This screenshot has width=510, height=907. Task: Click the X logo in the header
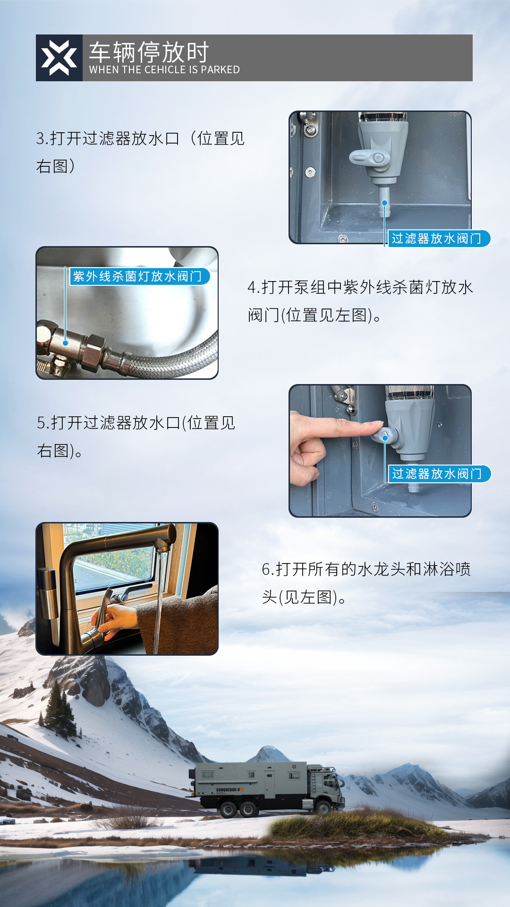(59, 58)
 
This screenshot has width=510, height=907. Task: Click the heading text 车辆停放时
(149, 51)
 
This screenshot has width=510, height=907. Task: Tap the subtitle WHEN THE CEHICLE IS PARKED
(164, 70)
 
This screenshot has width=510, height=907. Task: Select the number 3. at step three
(42, 139)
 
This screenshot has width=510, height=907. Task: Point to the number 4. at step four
(254, 287)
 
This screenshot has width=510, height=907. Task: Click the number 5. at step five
(43, 423)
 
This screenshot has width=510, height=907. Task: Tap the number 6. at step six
(268, 570)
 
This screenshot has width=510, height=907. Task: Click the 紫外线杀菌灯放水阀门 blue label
(137, 276)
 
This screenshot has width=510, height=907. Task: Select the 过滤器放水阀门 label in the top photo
(437, 239)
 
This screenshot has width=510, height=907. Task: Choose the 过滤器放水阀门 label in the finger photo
(437, 474)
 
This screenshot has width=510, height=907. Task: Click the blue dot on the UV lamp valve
(66, 343)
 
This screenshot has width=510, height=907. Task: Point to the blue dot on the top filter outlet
(385, 203)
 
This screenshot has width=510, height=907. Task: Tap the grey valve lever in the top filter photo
(366, 157)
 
